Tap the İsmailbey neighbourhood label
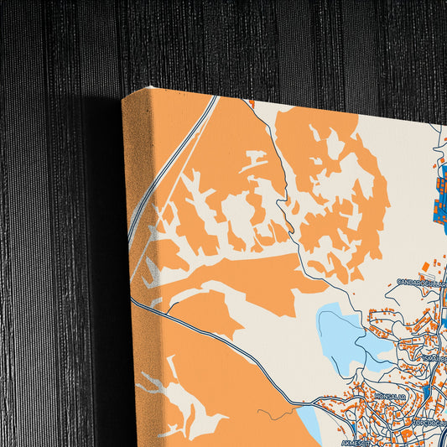coord(432,359)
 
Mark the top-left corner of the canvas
coord(124,98)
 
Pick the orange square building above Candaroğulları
coord(425,266)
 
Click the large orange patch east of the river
coord(335,185)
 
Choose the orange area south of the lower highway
coord(226,394)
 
